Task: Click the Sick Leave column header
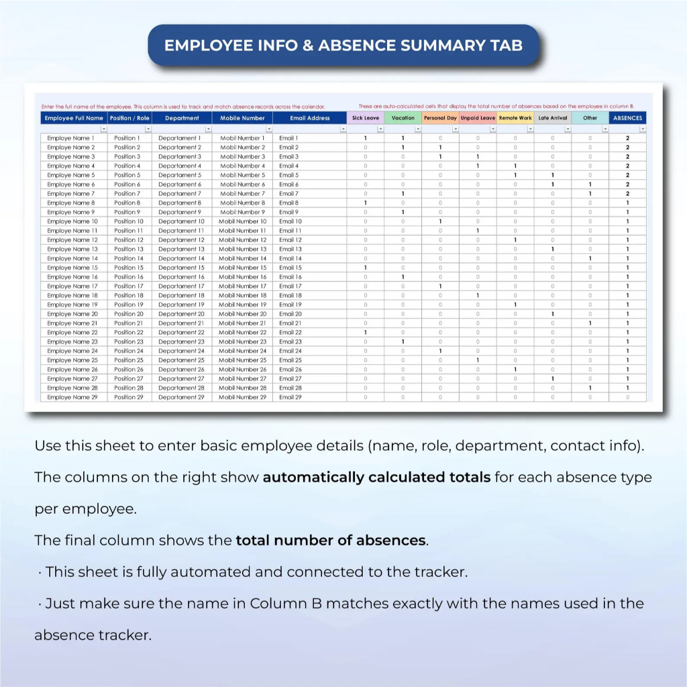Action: pos(366,118)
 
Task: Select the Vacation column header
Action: pos(403,118)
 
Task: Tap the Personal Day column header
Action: pos(440,118)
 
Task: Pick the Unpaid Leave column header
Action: pos(478,118)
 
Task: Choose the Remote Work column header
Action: pos(515,118)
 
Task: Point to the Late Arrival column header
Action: pos(553,118)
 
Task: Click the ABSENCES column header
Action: pos(628,118)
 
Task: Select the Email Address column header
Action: pos(310,118)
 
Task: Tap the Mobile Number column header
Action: pos(243,118)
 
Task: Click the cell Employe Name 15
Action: pos(72,268)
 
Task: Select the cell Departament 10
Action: pos(182,221)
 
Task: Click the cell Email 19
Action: pos(290,305)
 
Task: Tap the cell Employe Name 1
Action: pos(70,138)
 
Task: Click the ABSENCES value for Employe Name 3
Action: pos(628,156)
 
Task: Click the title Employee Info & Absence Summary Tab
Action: pos(343,46)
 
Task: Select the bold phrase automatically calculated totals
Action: pos(376,478)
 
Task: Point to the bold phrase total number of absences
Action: pos(331,541)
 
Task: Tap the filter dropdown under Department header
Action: pos(208,129)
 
